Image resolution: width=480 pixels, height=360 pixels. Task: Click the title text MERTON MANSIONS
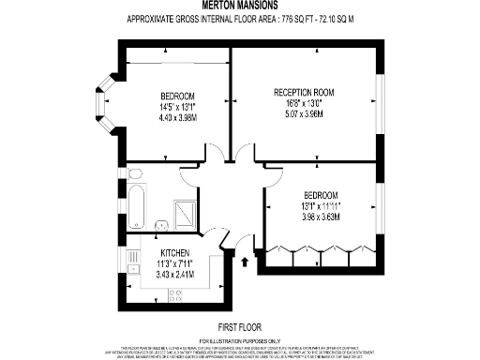pos(240,7)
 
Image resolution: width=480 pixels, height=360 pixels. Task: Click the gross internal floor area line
pos(240,20)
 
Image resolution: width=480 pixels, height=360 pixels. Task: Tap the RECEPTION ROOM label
pos(304,92)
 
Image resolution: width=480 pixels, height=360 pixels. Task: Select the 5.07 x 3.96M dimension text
pos(304,112)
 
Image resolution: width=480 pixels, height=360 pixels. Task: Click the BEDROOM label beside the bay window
pos(176,97)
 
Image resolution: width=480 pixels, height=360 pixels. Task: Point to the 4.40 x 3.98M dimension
pos(176,118)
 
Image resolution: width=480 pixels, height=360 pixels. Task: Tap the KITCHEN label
pos(175,254)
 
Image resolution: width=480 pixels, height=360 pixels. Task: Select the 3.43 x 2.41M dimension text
pos(175,275)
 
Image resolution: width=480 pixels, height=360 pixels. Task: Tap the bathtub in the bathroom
pos(137,206)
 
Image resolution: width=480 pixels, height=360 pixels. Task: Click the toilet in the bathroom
pos(161,223)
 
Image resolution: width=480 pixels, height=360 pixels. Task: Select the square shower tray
pos(186,215)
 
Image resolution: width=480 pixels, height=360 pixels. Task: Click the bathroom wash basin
pos(134,174)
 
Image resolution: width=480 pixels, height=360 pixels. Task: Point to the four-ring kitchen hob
pos(174,295)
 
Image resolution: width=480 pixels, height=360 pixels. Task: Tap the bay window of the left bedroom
pos(104,106)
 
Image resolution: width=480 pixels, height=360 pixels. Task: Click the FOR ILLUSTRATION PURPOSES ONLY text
pos(241,339)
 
